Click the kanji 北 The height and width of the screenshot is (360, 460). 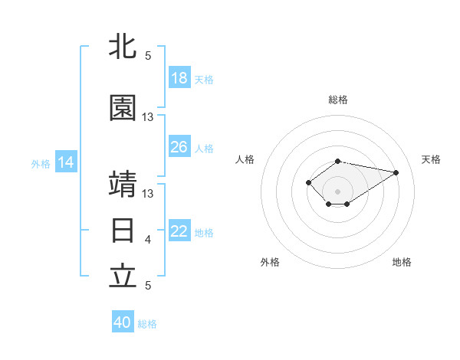[x=123, y=46]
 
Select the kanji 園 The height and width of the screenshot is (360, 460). [x=123, y=107]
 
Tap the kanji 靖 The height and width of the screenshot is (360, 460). [x=123, y=184]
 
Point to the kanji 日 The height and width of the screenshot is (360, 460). [x=123, y=231]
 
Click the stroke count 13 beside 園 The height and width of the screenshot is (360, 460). [x=147, y=117]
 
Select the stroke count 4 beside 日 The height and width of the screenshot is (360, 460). [x=148, y=240]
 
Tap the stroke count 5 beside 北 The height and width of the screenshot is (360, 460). [x=148, y=56]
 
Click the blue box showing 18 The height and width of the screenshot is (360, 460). [x=179, y=77]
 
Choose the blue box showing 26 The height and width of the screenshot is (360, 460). [x=179, y=146]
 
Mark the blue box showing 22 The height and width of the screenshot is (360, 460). [x=179, y=230]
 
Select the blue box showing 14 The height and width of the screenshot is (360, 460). [x=66, y=162]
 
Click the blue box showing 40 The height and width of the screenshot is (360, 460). [x=123, y=321]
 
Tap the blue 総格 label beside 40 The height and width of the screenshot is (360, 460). [x=147, y=324]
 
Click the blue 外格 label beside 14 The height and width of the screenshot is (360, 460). [x=41, y=164]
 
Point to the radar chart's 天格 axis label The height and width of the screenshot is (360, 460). [x=431, y=159]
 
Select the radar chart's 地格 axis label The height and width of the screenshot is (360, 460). [x=402, y=262]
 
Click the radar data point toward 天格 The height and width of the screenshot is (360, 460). [x=396, y=172]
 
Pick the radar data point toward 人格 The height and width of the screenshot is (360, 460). [x=308, y=182]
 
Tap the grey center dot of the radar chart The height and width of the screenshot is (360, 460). [x=337, y=191]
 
